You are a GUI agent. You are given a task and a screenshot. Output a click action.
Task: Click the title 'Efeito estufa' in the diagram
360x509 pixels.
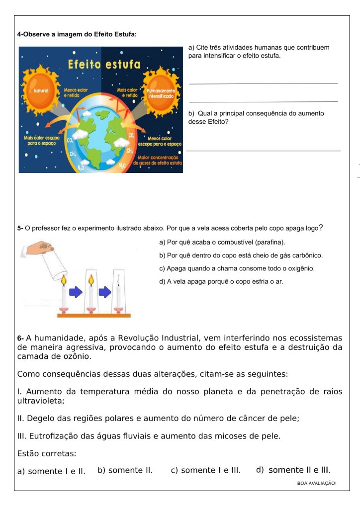pos(104,65)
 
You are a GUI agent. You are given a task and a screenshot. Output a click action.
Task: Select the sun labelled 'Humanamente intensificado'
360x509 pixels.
pos(161,92)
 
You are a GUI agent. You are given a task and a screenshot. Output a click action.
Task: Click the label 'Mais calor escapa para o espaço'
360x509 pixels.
pos(42,141)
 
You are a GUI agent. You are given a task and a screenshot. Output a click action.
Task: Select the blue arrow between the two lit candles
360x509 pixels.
pos(75,293)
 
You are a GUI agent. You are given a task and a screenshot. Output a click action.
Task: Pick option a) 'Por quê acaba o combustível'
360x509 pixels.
pos(222,242)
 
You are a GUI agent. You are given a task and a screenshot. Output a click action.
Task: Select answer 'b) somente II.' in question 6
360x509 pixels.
pos(125,470)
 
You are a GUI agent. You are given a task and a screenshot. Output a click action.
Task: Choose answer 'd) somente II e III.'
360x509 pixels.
pos(293,470)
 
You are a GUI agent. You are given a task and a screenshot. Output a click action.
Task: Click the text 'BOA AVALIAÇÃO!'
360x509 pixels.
pos(317,483)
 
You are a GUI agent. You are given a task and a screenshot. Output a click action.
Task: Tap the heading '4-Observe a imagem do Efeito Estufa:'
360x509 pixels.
pos(77,34)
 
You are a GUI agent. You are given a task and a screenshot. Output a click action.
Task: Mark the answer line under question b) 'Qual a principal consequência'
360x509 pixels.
pos(263,150)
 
